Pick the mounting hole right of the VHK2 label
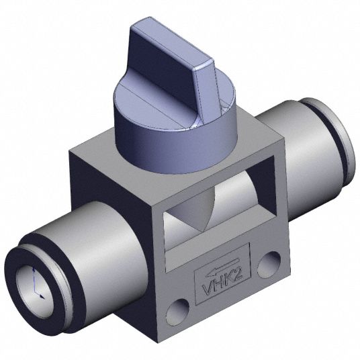click(269, 265)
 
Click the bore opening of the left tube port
click(34, 291)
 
